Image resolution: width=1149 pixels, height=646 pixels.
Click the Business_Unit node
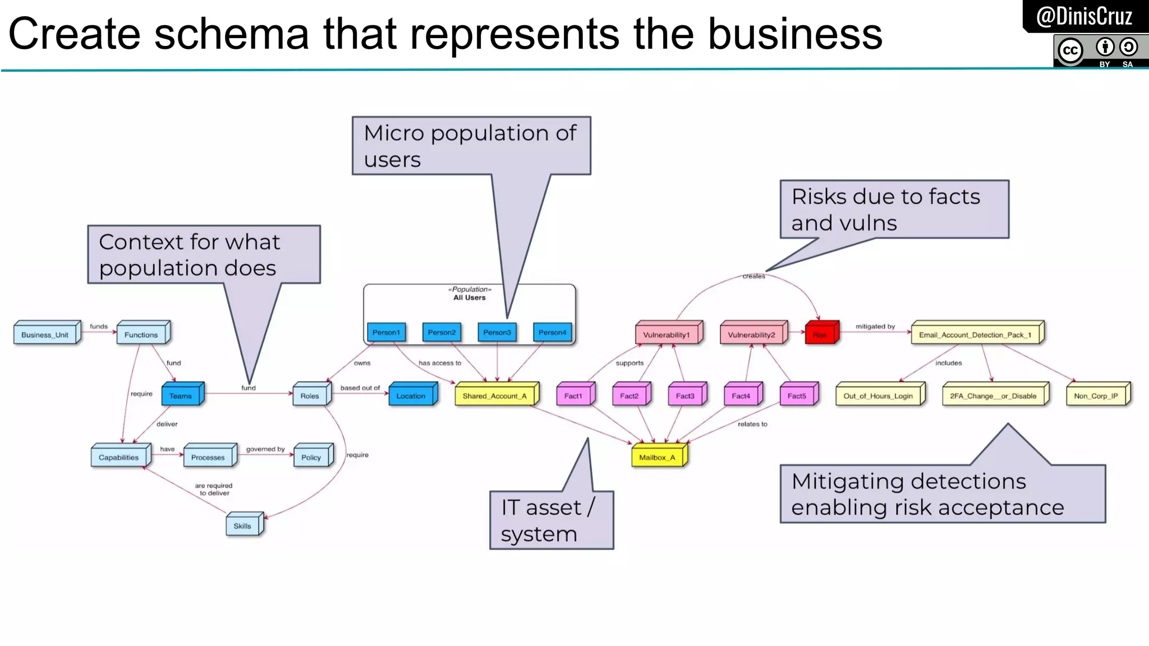pyautogui.click(x=45, y=335)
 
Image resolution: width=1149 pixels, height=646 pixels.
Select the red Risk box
pyautogui.click(x=820, y=335)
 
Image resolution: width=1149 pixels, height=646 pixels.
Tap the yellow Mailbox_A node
pyautogui.click(x=657, y=457)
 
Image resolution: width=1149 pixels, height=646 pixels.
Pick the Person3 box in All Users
pyautogui.click(x=497, y=333)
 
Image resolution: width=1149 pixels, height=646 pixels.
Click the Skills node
pyautogui.click(x=242, y=526)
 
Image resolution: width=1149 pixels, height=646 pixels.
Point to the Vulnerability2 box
pyautogui.click(x=751, y=335)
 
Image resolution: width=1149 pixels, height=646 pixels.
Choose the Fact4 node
pyautogui.click(x=741, y=396)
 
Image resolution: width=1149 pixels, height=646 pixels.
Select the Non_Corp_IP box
pyautogui.click(x=1096, y=396)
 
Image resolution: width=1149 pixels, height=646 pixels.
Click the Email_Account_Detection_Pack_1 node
pyautogui.click(x=975, y=335)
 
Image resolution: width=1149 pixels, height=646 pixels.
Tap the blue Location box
pyautogui.click(x=411, y=396)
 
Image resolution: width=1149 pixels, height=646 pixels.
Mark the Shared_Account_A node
pyautogui.click(x=494, y=396)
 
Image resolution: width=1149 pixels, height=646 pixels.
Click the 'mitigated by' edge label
pyautogui.click(x=875, y=326)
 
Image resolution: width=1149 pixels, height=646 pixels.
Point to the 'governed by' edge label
pyautogui.click(x=265, y=449)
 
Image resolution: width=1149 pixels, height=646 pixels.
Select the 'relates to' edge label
pyautogui.click(x=752, y=424)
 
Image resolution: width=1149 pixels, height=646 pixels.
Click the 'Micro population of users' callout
pyautogui.click(x=471, y=146)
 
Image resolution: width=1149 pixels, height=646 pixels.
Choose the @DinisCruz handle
pyautogui.click(x=1084, y=16)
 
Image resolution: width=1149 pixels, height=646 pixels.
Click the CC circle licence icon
pyautogui.click(x=1070, y=50)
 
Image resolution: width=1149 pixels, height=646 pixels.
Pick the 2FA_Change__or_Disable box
pyautogui.click(x=993, y=396)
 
